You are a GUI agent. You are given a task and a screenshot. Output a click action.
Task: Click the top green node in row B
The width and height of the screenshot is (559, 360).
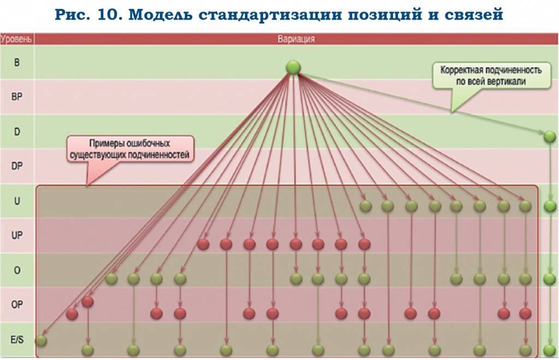[294, 68]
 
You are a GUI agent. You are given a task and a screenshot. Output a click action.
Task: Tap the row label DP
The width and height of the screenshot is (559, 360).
[17, 166]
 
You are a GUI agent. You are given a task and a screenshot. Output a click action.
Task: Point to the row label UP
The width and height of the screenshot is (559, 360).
[17, 235]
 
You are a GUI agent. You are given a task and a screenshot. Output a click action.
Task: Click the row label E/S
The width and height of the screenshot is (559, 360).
[17, 339]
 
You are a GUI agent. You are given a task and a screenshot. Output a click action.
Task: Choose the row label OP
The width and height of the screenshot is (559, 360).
[17, 304]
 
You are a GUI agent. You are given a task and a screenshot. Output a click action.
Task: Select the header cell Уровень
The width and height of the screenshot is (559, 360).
[17, 39]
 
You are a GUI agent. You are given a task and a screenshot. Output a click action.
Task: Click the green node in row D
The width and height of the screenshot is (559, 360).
[550, 137]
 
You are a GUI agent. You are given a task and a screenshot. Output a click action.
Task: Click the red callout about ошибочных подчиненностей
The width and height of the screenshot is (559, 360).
[130, 150]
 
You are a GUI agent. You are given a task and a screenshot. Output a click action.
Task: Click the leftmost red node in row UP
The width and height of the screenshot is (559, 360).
[203, 244]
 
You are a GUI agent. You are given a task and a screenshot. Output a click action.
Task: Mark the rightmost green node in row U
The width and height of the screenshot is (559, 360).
[550, 206]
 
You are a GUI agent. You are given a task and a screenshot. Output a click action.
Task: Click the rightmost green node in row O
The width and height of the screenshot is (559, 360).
[550, 279]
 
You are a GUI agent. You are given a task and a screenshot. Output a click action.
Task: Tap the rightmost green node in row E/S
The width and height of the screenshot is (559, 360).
[550, 350]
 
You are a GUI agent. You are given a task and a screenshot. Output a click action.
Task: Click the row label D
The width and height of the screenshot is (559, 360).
[17, 132]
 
